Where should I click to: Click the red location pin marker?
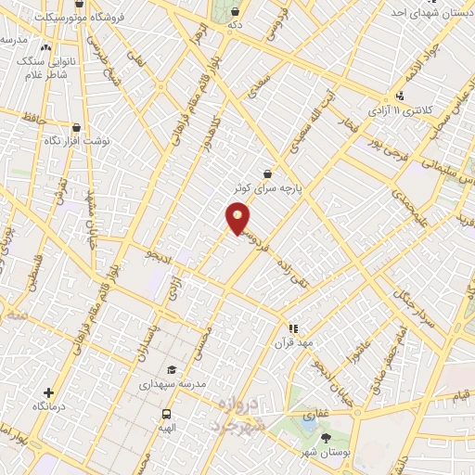tap(237, 219)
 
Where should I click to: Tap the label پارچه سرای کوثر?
tap(268, 187)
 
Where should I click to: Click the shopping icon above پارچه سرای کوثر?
tap(268, 173)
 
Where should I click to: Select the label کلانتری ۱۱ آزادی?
tap(399, 110)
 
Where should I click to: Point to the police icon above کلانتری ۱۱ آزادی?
tap(400, 96)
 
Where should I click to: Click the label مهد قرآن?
tap(294, 342)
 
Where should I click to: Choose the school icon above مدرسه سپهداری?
tap(172, 369)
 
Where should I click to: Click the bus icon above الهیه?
tap(167, 414)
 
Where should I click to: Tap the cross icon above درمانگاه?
tap(48, 392)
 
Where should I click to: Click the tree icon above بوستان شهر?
tap(325, 436)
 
